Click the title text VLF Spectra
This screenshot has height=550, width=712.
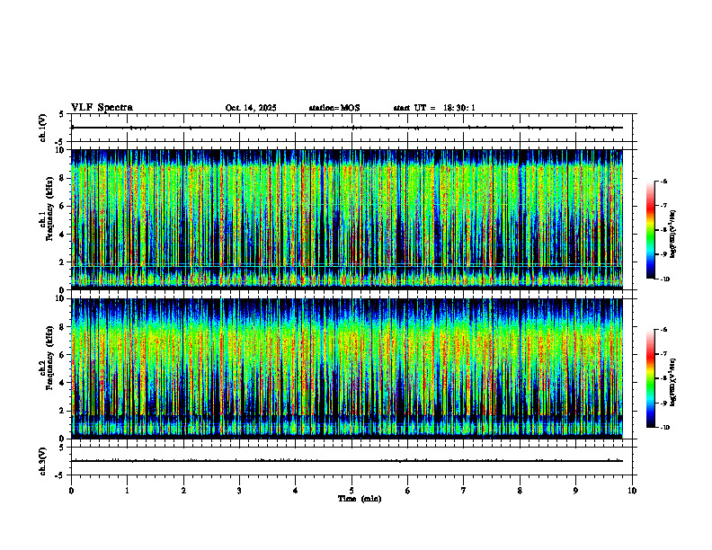102,108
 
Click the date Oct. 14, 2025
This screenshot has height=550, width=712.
251,108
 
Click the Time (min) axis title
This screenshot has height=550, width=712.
359,499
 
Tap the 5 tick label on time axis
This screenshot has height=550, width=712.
352,491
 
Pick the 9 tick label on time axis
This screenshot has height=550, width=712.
576,491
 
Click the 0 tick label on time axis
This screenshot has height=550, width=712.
71,491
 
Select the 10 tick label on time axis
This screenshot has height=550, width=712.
632,491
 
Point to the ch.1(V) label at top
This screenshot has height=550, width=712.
43,128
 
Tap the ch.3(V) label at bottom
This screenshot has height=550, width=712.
43,460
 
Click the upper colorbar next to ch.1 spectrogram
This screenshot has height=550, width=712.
651,230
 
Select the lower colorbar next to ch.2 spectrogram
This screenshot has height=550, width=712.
651,378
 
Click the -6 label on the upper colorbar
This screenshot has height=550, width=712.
663,182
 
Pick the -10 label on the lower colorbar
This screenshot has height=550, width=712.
664,428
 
